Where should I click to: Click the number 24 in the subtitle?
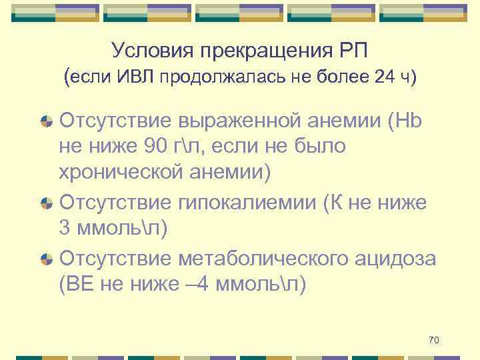tap(383, 77)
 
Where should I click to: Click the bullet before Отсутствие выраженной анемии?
tap(47, 121)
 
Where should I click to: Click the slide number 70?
tap(433, 341)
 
